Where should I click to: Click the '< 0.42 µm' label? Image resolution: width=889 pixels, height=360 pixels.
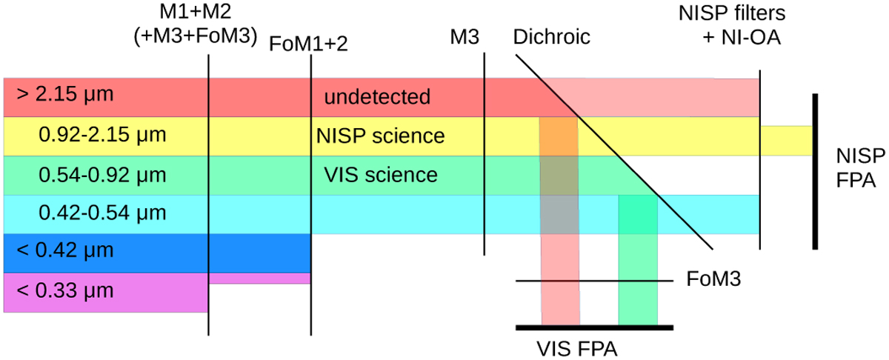tap(64, 251)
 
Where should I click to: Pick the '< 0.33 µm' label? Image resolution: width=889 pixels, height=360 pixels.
tap(64, 290)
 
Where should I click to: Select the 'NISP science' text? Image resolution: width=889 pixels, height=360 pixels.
tap(380, 136)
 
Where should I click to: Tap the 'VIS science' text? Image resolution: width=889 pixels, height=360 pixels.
tap(381, 176)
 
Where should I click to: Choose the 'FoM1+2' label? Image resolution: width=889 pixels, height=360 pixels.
tap(309, 44)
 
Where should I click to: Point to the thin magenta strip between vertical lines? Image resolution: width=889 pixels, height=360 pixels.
tap(259, 279)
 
